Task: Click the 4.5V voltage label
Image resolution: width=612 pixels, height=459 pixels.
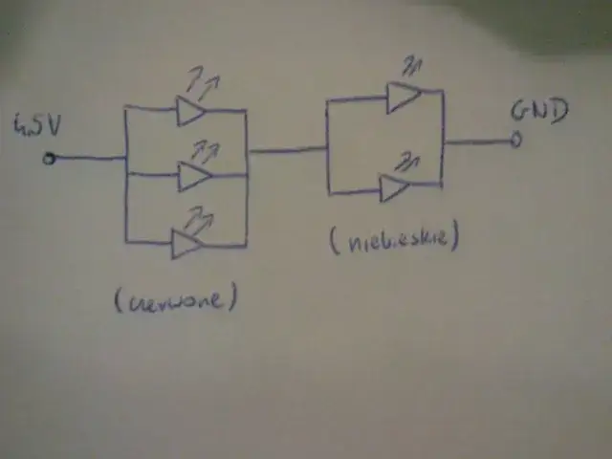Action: (x=37, y=124)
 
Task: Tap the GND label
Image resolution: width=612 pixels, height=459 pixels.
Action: (x=540, y=110)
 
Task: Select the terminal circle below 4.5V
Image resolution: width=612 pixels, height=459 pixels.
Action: (x=49, y=159)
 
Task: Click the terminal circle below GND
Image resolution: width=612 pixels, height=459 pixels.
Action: (x=516, y=142)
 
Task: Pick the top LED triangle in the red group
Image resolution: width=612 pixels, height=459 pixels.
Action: (x=190, y=112)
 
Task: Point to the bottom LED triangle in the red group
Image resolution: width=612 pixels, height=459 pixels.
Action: (x=186, y=244)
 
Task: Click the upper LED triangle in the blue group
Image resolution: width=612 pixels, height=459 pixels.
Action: (x=403, y=96)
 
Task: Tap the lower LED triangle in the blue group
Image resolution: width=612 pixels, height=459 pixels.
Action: (x=394, y=187)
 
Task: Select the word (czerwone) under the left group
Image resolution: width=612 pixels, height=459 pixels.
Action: (x=175, y=299)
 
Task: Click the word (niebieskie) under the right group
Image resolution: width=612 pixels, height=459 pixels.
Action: (x=394, y=238)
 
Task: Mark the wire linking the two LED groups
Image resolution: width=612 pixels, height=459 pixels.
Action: (x=287, y=149)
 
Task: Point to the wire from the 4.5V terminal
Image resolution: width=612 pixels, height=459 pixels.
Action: (x=88, y=158)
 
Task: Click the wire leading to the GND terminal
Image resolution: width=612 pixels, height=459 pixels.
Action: (x=478, y=142)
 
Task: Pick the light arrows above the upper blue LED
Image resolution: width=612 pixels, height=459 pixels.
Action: (x=414, y=65)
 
